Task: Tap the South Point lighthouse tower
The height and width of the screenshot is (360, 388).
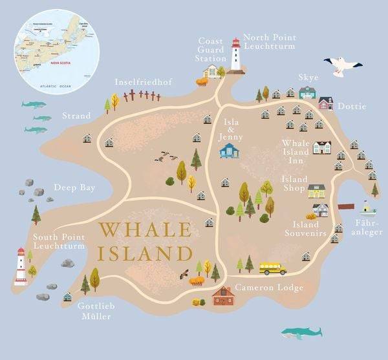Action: coord(21,266)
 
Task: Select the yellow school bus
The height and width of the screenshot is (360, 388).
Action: coord(273,268)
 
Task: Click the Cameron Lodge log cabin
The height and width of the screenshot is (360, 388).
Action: coord(223,296)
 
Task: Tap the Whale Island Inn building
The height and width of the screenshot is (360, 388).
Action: coord(321,147)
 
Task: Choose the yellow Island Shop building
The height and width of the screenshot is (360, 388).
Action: coord(316,191)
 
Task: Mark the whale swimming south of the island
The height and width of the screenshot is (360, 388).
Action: coord(301,332)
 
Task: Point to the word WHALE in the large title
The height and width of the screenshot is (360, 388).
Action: coord(145,229)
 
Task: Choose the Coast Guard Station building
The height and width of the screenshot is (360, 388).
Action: coord(212,70)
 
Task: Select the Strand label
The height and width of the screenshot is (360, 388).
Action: coord(76,116)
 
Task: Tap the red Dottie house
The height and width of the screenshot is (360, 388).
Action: coord(326,103)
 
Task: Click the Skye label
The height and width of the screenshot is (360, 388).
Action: coord(308,78)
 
